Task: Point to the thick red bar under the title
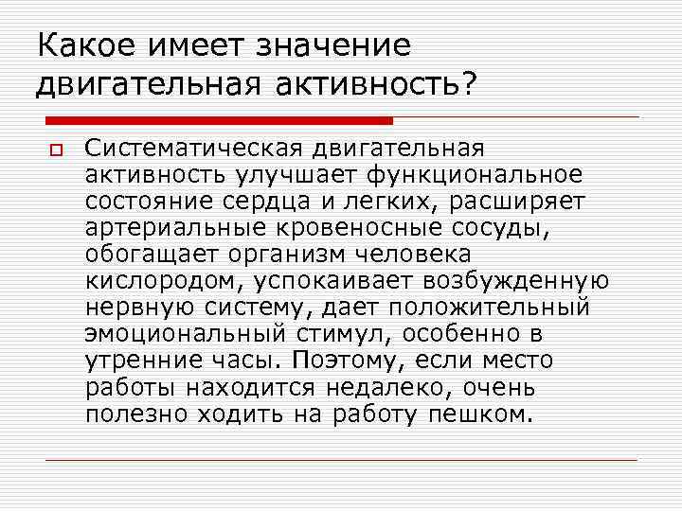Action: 219,120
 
